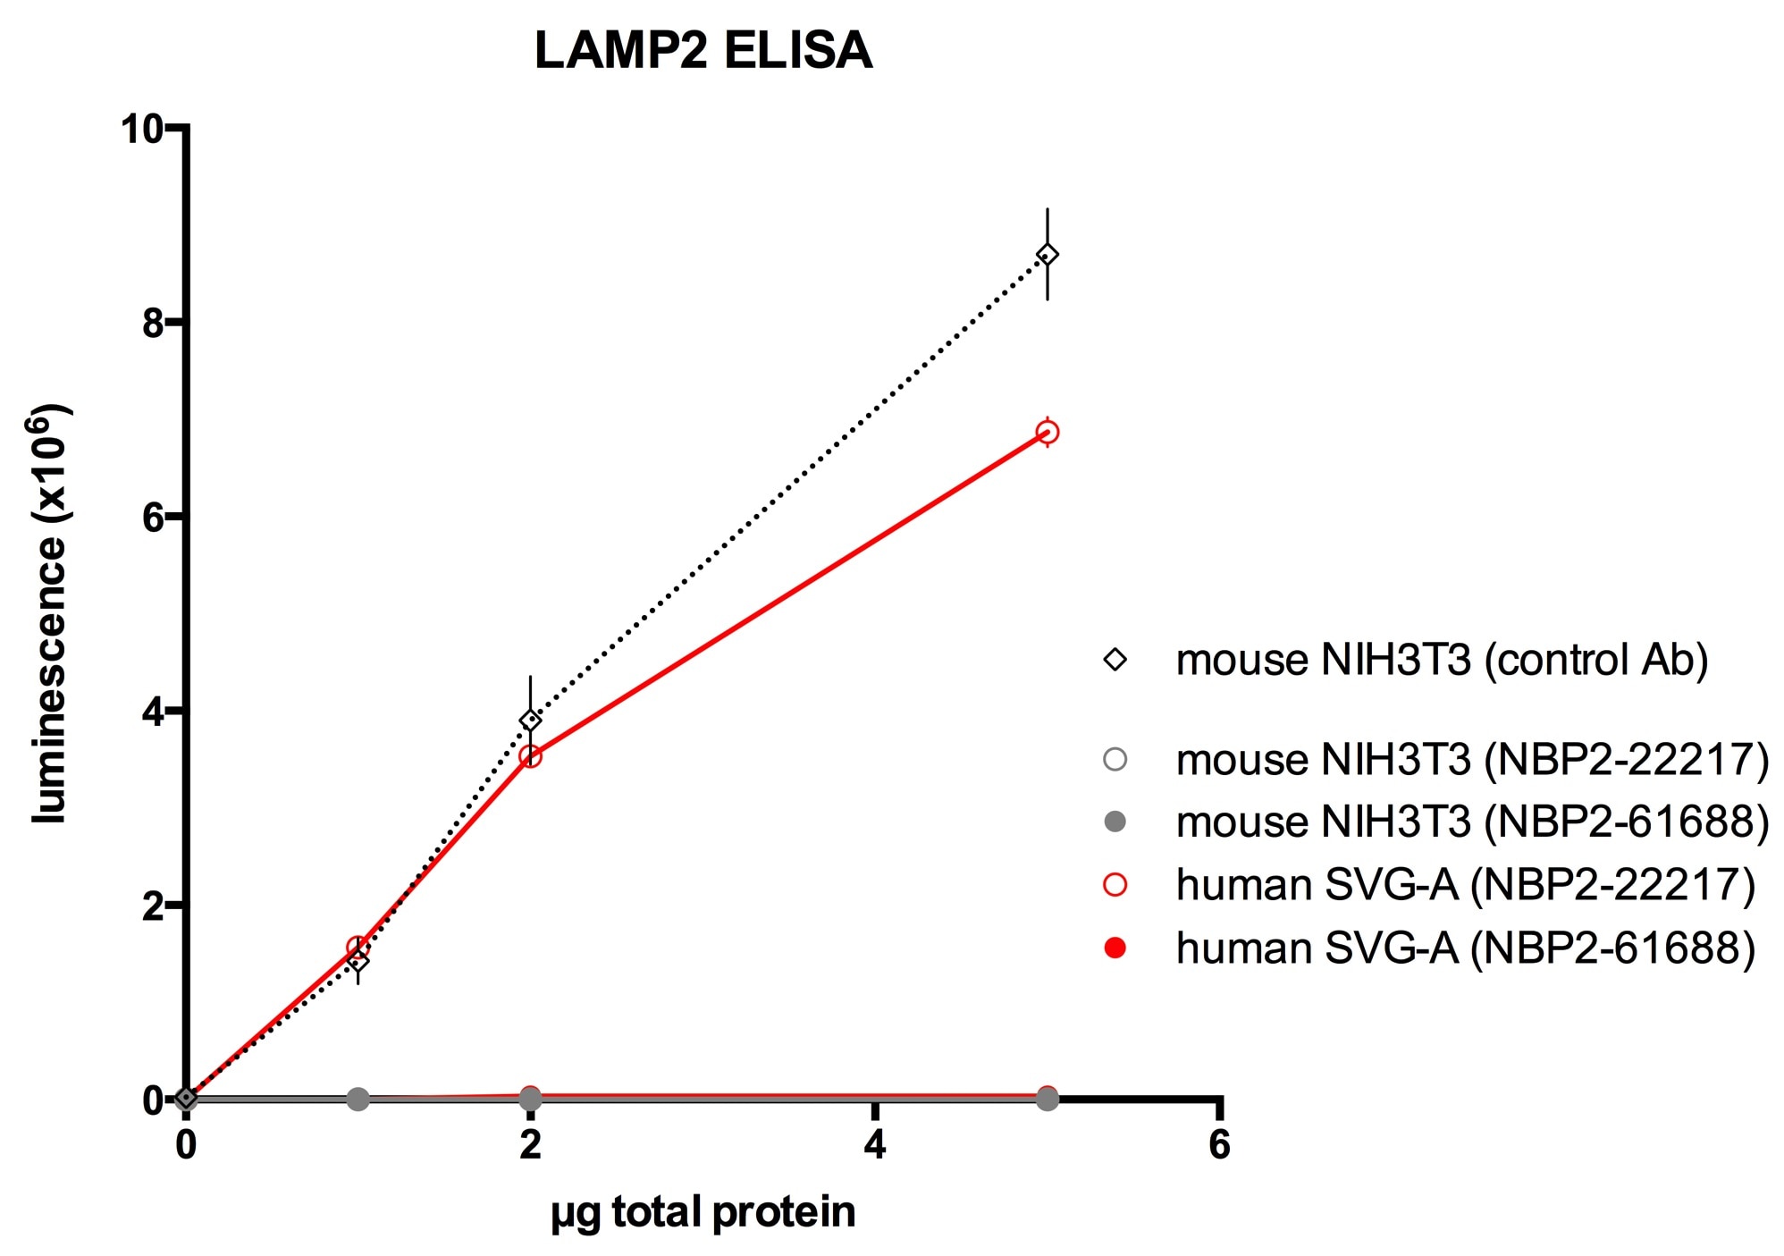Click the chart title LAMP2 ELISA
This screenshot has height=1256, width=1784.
[x=703, y=51]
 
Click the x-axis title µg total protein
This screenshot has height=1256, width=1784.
[x=703, y=1213]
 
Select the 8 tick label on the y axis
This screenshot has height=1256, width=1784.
[x=153, y=323]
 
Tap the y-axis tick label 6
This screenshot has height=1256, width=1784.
[x=153, y=517]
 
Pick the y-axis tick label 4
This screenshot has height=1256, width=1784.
[x=153, y=712]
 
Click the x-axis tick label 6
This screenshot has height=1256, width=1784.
[x=1219, y=1145]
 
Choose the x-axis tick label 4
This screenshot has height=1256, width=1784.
[x=875, y=1145]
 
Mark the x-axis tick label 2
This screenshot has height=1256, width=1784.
[x=530, y=1145]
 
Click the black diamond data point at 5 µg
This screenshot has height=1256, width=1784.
[x=1047, y=256]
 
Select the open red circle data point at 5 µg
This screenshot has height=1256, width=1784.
[x=1047, y=433]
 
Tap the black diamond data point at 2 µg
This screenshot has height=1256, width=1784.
[x=530, y=720]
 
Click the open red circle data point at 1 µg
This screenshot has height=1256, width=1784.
[x=358, y=948]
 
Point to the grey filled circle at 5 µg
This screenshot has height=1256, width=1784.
[x=1047, y=1099]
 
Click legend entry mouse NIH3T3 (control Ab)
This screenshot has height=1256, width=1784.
[x=1441, y=661]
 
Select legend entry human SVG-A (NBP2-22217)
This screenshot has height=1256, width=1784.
[x=1464, y=885]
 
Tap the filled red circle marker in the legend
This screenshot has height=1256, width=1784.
[x=1115, y=948]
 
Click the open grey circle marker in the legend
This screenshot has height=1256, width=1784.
[x=1115, y=760]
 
